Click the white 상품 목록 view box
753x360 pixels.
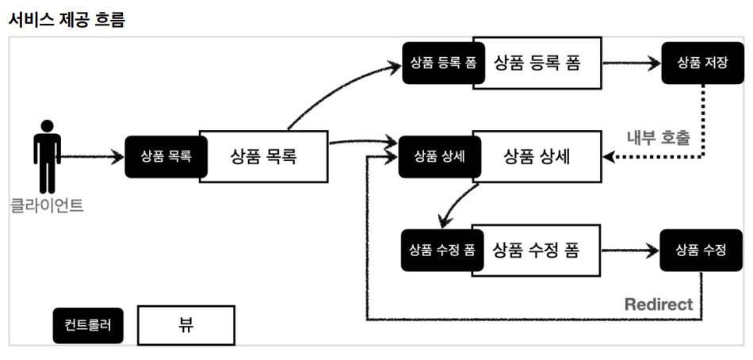click(263, 156)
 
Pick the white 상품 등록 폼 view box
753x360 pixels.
click(537, 62)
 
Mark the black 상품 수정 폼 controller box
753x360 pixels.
click(441, 250)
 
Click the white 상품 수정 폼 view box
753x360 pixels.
click(537, 250)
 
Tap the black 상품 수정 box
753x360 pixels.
click(701, 250)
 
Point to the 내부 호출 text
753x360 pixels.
click(659, 137)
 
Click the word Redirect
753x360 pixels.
click(658, 304)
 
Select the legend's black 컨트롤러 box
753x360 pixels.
click(88, 325)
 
